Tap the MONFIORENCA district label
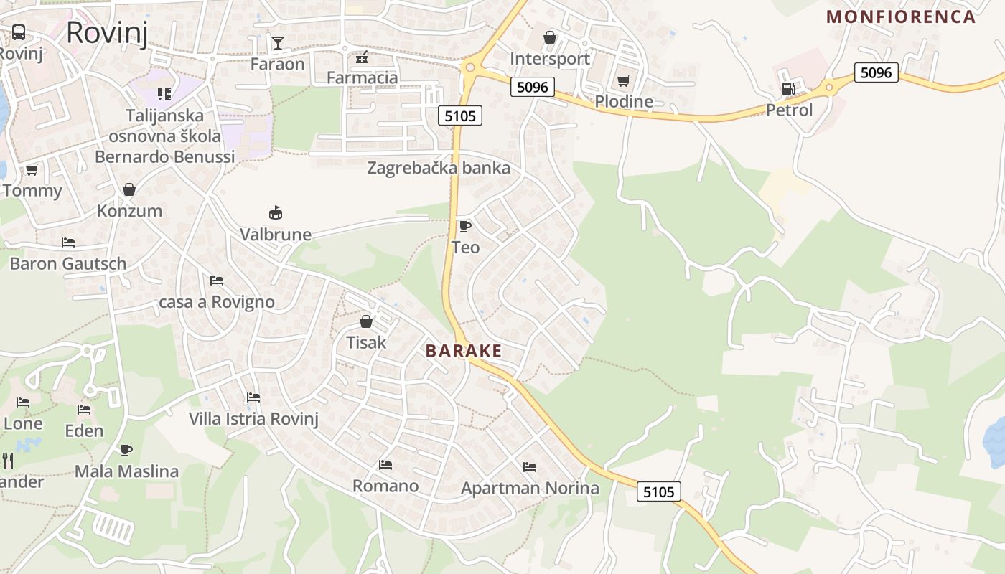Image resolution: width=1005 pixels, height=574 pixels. (901, 17)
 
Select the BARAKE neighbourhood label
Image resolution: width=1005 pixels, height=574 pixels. (463, 351)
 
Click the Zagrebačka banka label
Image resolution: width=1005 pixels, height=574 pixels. (438, 169)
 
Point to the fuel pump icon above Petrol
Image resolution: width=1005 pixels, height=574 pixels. (788, 89)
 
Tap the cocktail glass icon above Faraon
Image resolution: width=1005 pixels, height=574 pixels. (277, 43)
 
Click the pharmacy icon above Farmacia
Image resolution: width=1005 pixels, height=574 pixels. (362, 57)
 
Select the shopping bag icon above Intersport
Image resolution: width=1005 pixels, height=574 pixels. (550, 37)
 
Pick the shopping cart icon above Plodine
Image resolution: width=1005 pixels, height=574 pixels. (623, 80)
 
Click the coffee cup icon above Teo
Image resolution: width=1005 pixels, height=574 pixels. (465, 227)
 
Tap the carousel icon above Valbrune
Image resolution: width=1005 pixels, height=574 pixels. (276, 212)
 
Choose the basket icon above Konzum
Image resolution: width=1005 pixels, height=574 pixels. (129, 189)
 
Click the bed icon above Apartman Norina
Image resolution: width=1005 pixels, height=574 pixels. (530, 467)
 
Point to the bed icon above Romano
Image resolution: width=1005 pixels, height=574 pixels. (385, 465)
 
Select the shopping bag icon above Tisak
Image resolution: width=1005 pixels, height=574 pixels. (366, 321)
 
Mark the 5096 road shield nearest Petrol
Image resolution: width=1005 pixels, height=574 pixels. (876, 72)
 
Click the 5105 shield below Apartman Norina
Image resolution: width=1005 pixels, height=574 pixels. (658, 491)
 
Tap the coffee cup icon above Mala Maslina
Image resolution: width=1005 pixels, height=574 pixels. (126, 450)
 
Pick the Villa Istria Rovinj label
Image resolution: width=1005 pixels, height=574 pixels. (253, 418)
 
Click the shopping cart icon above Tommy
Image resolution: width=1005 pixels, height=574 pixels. (32, 170)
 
